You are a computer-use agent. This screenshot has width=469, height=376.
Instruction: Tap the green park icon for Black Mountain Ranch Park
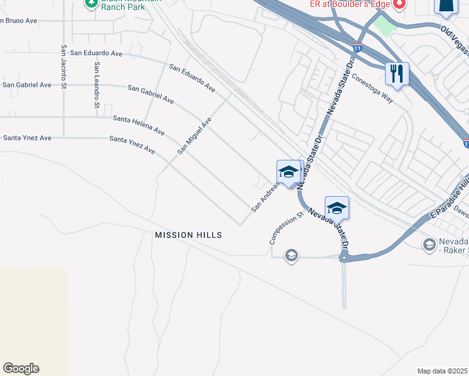91,3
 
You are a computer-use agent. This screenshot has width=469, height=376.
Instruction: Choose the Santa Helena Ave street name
139,125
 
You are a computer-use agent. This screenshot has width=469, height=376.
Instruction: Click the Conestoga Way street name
372,89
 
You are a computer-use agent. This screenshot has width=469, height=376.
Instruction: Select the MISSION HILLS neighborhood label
189,235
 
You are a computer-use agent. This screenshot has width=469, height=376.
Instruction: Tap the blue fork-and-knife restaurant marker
397,73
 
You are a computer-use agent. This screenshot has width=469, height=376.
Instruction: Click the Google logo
21,368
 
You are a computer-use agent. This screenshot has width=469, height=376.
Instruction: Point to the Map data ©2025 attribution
442,371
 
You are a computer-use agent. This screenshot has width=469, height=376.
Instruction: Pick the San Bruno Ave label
19,21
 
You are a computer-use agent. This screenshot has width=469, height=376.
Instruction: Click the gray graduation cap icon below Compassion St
291,255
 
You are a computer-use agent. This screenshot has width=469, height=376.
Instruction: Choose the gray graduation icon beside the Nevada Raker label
429,244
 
